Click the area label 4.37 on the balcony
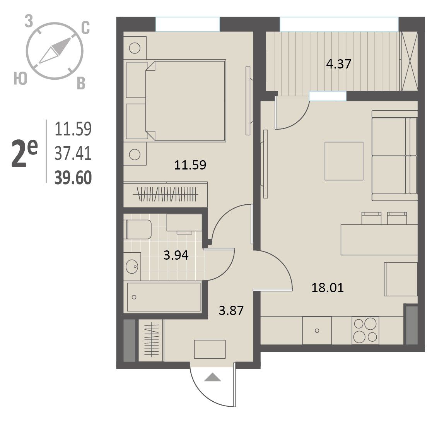point(338,64)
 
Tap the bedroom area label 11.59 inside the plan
point(190,165)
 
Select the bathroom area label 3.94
point(176,255)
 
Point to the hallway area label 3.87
point(231,311)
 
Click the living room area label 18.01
point(328,288)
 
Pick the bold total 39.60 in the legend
point(73,178)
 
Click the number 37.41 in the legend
point(73,154)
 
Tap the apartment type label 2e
point(24,153)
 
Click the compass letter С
point(86,28)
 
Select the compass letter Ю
point(20,78)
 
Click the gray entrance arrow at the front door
point(212,377)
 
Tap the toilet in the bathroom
point(137,229)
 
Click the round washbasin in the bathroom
point(132,266)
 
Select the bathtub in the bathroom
point(164,297)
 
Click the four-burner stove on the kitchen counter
point(365,330)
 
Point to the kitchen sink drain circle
point(317,331)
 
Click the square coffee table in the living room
point(344,161)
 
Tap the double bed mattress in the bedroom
point(185,101)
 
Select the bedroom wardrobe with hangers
point(165,194)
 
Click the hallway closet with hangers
point(151,341)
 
